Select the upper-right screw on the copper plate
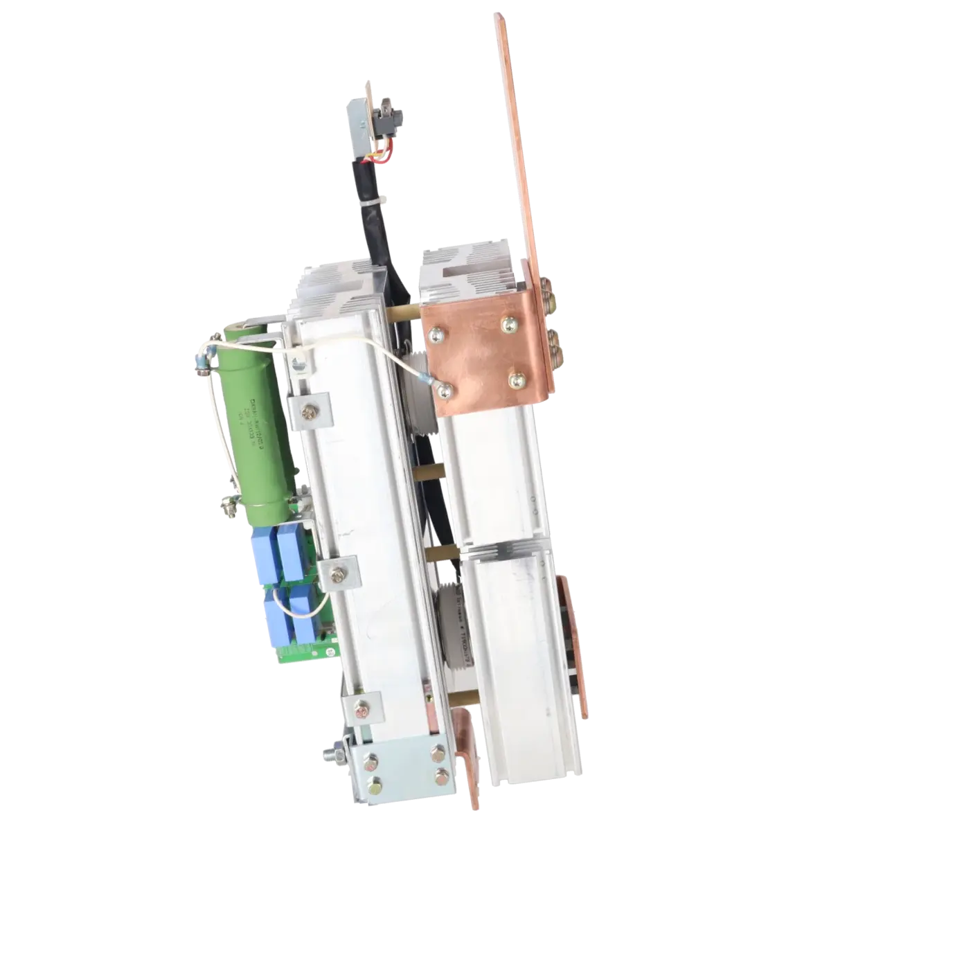click(x=508, y=321)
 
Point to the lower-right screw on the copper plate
click(x=516, y=380)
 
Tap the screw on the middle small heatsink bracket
click(x=338, y=572)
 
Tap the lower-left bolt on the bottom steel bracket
click(x=374, y=787)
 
